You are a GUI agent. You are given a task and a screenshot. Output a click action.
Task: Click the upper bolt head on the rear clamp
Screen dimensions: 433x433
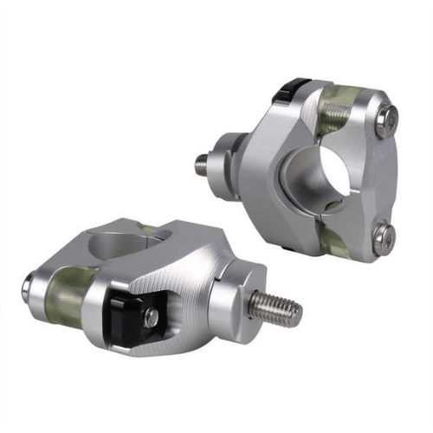(388, 119)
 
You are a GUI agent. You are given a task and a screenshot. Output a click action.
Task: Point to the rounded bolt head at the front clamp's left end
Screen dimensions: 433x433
(28, 287)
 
